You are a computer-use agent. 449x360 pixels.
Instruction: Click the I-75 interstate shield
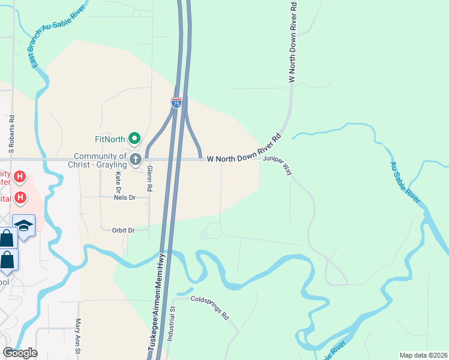click(x=176, y=103)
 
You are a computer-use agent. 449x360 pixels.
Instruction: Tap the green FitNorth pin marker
click(x=134, y=139)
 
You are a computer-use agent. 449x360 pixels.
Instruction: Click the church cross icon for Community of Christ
click(x=136, y=159)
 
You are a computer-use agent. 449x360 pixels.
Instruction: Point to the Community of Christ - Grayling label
click(x=100, y=160)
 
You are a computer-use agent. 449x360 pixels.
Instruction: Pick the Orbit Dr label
click(x=123, y=230)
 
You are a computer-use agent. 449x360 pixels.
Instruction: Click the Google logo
click(x=20, y=353)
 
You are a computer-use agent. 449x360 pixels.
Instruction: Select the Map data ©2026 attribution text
click(x=423, y=355)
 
